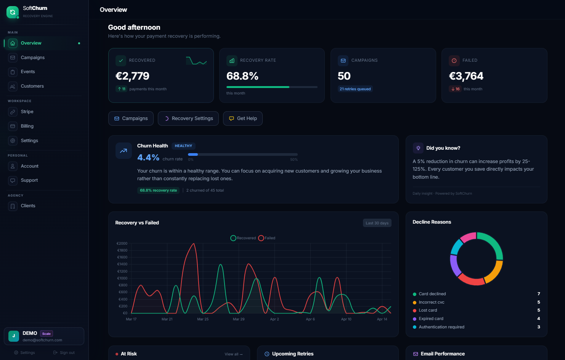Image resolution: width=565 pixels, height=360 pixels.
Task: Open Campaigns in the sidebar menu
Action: pos(32,58)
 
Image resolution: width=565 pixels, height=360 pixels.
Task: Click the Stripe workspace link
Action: pos(27,112)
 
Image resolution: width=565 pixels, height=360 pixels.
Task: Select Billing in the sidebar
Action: pos(27,126)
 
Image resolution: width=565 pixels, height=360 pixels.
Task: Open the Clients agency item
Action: pos(28,206)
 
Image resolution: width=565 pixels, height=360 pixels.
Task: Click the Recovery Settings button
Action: pos(188,118)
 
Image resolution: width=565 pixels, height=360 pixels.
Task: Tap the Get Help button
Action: pos(243,118)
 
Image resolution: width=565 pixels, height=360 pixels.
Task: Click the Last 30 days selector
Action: pos(377,223)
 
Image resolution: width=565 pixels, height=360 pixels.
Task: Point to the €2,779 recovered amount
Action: pos(132,76)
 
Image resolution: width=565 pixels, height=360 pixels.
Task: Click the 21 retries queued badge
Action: pos(355,89)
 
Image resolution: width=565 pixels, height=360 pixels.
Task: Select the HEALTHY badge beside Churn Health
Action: pos(183,146)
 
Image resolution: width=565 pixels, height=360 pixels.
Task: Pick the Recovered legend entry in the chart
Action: pos(243,238)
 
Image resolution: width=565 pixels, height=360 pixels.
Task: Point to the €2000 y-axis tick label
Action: pos(122,243)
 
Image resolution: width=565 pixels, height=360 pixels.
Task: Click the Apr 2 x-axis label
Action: pos(274,319)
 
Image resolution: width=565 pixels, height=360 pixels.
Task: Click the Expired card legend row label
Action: pos(431,319)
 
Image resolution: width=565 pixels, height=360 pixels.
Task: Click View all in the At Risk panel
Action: pos(233,354)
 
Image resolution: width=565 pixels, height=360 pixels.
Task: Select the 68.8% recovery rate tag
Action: pos(158,190)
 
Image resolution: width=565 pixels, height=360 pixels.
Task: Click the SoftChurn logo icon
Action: pos(13,12)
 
